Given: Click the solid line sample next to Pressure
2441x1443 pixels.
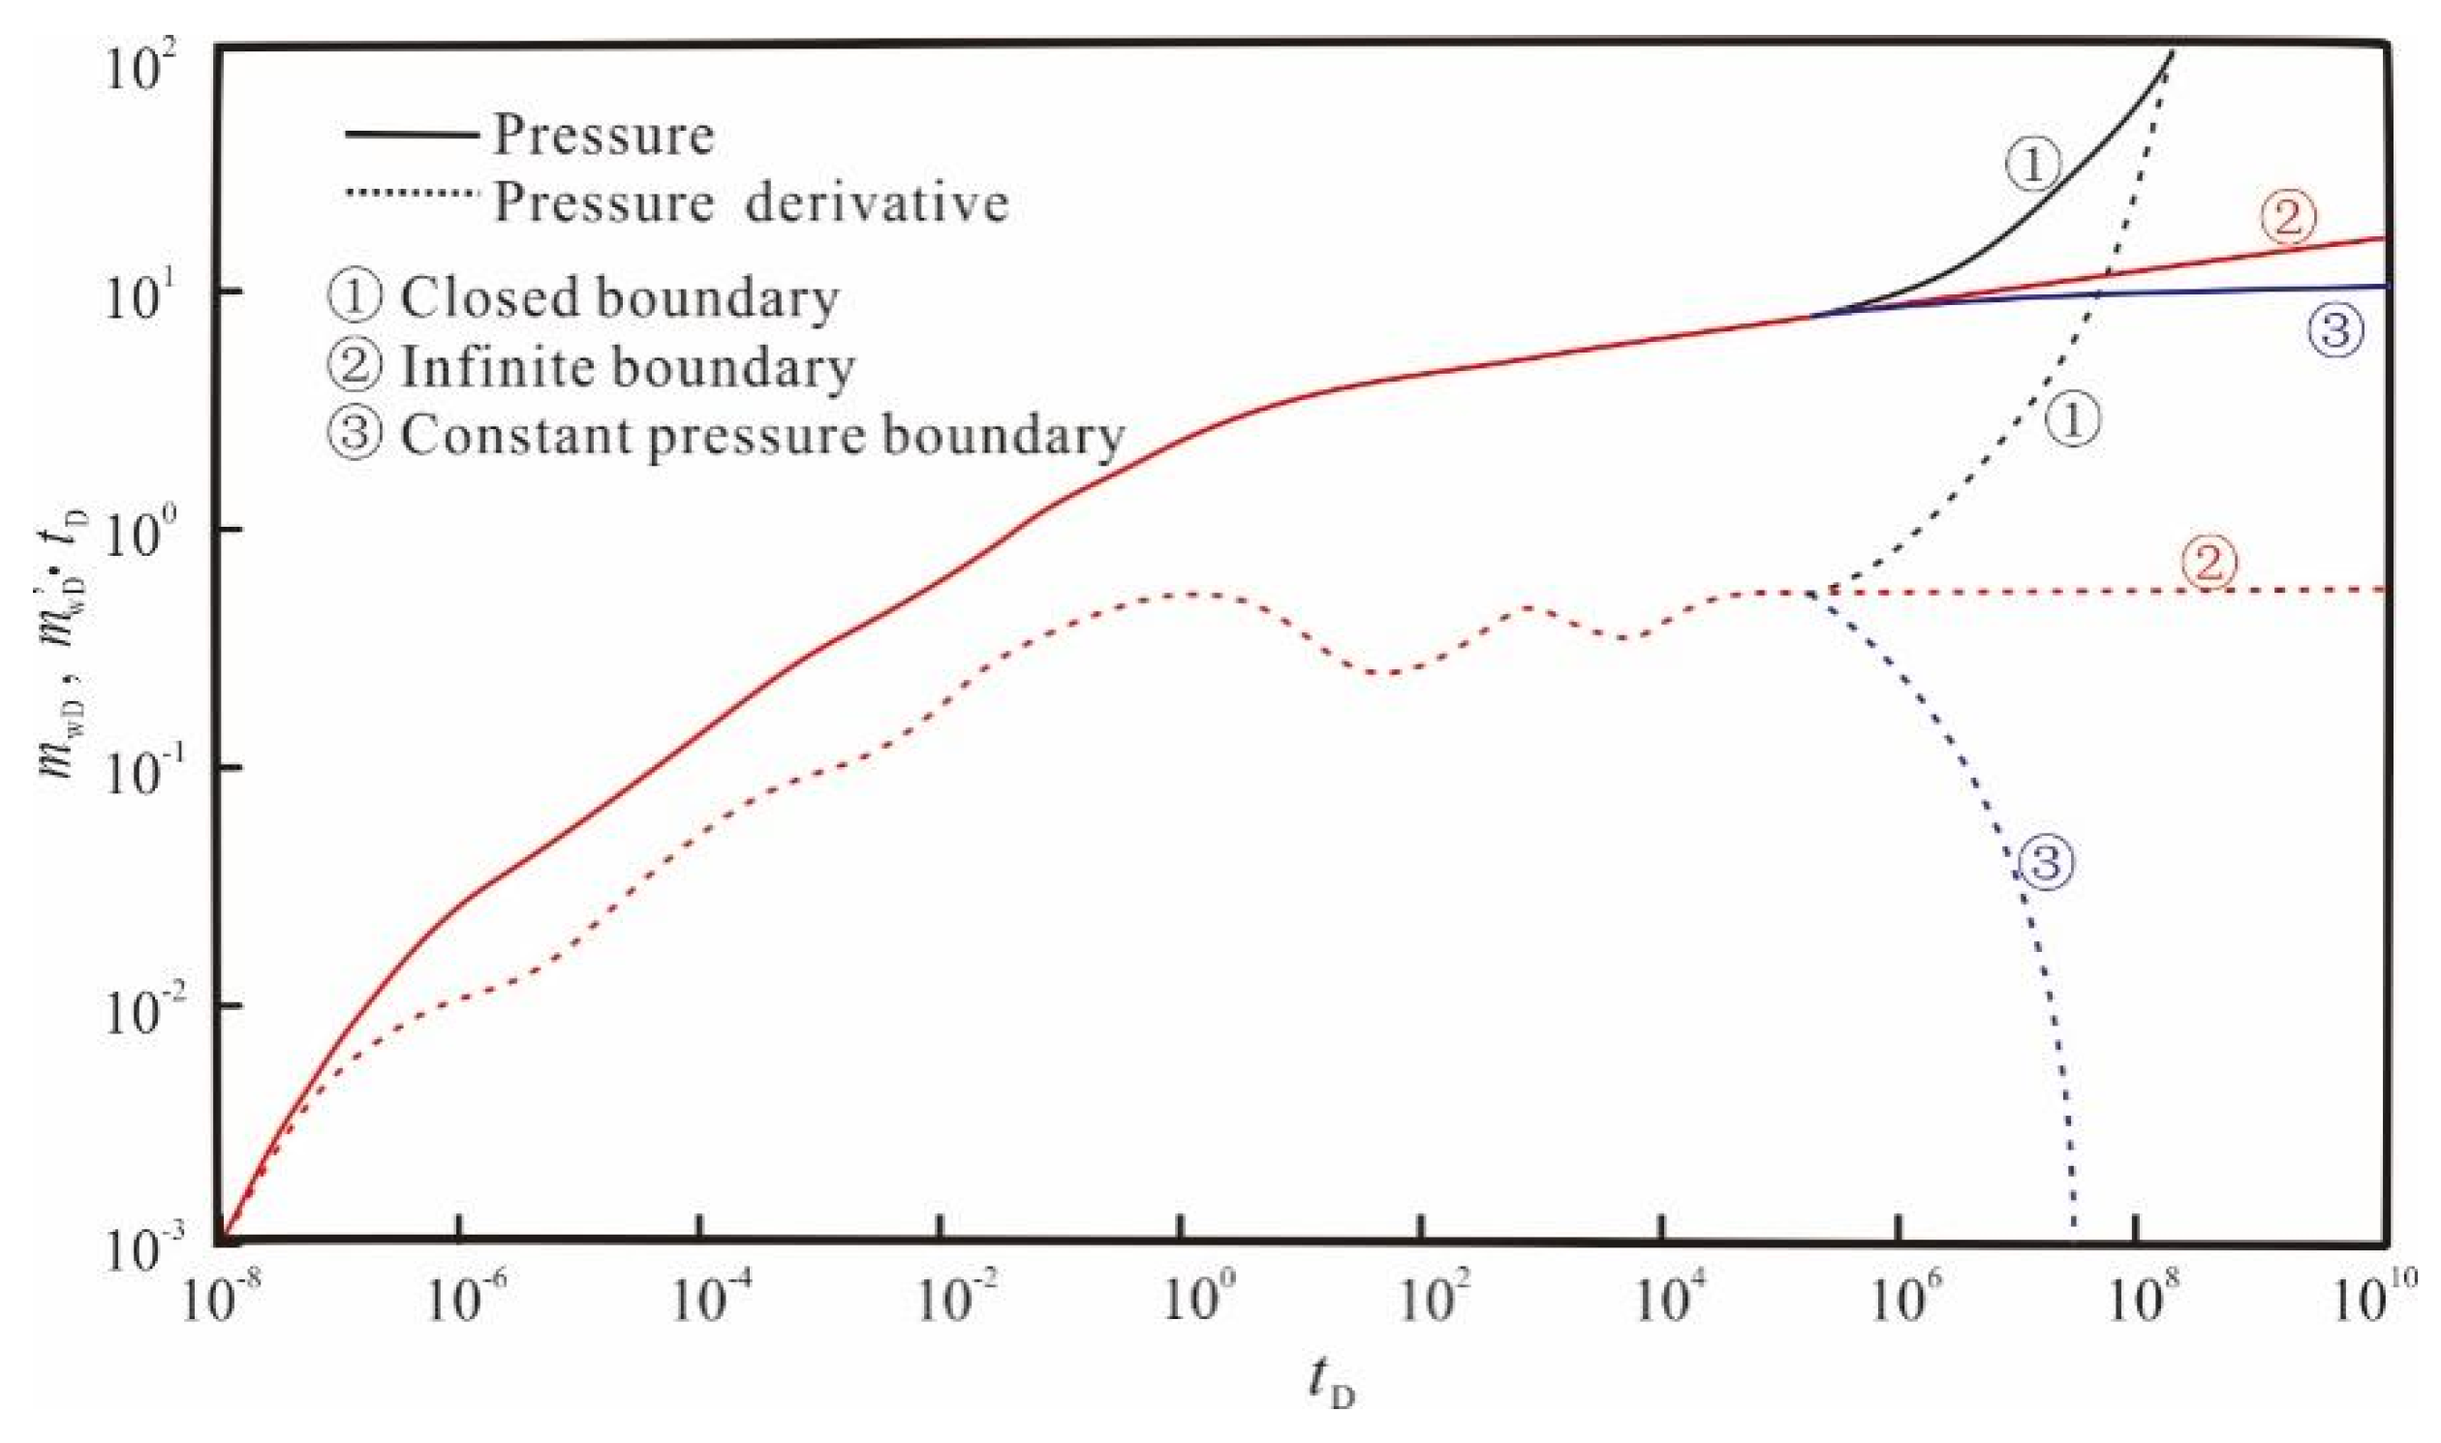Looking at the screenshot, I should click(x=412, y=135).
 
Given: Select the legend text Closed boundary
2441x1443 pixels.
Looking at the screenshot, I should click(x=619, y=297).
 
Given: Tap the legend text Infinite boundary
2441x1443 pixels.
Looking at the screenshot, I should click(x=627, y=368).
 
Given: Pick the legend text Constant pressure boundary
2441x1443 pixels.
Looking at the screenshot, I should click(x=761, y=436).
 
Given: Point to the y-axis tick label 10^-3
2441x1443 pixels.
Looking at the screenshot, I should click(x=151, y=1250).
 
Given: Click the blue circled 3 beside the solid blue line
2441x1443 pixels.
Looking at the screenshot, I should click(x=2335, y=331).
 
